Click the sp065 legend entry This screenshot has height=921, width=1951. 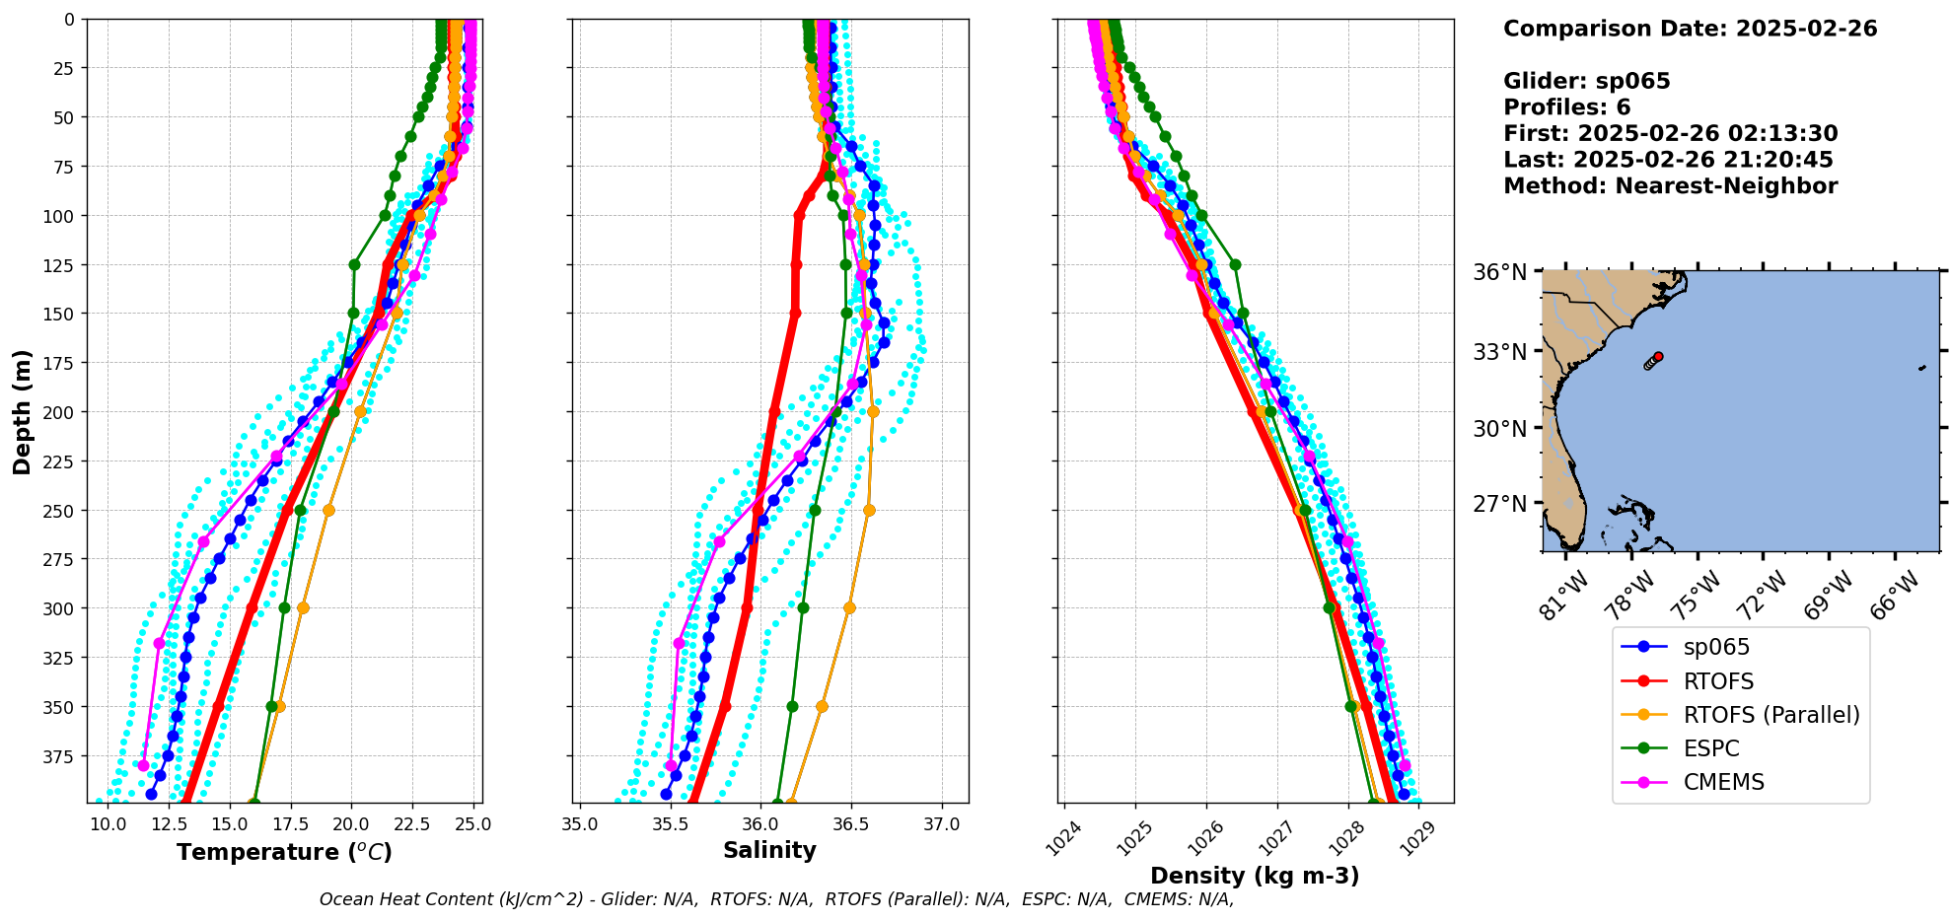(1716, 648)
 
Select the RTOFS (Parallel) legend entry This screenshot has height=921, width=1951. (1770, 715)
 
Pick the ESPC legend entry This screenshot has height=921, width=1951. (1710, 748)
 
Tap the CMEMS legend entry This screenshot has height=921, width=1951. (1723, 782)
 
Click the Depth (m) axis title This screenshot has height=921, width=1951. (22, 411)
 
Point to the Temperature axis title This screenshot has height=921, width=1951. (284, 852)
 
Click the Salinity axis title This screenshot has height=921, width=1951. (769, 850)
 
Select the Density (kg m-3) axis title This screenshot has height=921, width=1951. (1255, 876)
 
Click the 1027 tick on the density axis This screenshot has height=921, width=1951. (1276, 838)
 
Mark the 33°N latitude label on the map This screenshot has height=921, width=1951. (1499, 352)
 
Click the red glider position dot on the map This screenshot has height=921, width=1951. (1658, 357)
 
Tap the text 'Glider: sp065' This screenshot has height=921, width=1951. (1586, 81)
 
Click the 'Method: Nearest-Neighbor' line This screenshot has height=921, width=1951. (1670, 186)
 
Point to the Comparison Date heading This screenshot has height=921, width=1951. (1690, 29)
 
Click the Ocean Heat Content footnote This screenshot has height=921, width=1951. (776, 899)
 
